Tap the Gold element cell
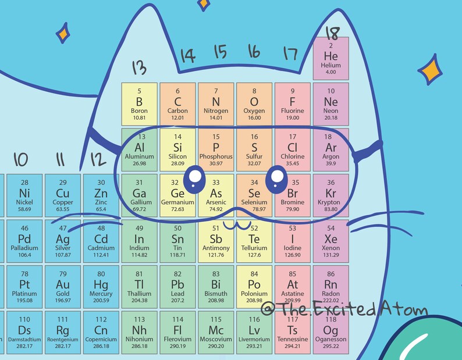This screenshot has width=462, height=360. [x=62, y=285]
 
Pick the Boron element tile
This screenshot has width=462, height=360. [x=139, y=104]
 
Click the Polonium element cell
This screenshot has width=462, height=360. [x=254, y=285]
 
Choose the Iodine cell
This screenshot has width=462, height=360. [x=292, y=240]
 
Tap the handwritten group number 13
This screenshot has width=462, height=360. [x=138, y=68]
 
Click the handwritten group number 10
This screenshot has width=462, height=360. [x=21, y=159]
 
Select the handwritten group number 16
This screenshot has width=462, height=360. [x=254, y=52]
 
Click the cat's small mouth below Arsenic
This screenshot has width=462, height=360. [x=235, y=224]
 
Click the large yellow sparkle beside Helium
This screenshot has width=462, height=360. [x=432, y=70]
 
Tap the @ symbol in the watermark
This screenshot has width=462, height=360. [x=268, y=309]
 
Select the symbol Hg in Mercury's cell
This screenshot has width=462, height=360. [x=101, y=284]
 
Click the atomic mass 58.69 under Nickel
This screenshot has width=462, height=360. [x=24, y=208]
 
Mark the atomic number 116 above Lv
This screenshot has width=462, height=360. [x=254, y=319]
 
